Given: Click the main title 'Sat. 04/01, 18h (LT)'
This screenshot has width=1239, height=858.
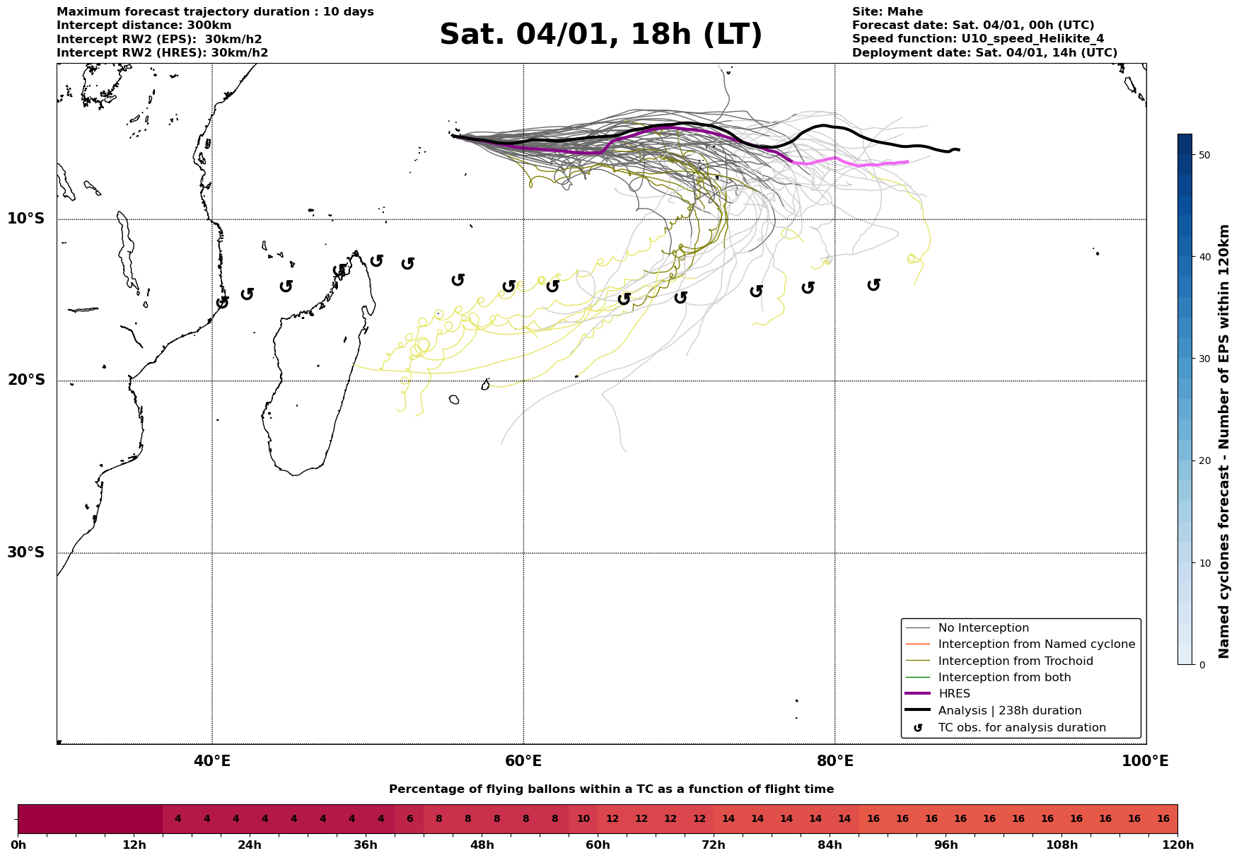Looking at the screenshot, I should click(600, 35).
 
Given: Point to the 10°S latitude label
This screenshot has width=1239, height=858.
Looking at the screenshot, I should click(26, 219).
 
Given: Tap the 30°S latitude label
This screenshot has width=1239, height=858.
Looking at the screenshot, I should click(26, 552).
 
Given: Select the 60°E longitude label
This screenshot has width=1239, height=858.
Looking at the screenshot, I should click(523, 762).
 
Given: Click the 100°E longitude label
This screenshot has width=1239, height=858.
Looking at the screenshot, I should click(1145, 762).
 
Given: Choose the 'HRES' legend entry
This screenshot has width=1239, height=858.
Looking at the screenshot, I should click(954, 694).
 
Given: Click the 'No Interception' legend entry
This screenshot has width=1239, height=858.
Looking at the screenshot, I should click(983, 628).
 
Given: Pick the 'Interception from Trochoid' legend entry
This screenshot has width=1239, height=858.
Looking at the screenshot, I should click(1015, 661).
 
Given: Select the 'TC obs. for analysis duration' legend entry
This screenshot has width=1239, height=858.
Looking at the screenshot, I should click(1021, 728).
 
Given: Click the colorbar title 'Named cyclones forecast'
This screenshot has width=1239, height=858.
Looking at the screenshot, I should click(1225, 441).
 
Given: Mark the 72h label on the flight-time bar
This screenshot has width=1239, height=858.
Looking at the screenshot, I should click(714, 845).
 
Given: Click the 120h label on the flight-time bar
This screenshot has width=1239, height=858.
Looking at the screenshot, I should click(1177, 845).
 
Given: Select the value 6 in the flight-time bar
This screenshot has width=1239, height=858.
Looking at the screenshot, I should click(409, 819).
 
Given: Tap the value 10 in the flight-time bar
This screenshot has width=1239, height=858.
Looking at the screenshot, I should click(583, 819).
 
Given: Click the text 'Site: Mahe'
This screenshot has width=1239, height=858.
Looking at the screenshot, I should click(887, 12).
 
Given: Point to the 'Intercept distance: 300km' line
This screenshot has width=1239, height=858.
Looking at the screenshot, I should click(144, 25).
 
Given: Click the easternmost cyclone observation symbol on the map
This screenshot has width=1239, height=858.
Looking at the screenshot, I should click(873, 284).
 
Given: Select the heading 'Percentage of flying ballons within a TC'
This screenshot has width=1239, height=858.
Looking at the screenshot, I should click(611, 789).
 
